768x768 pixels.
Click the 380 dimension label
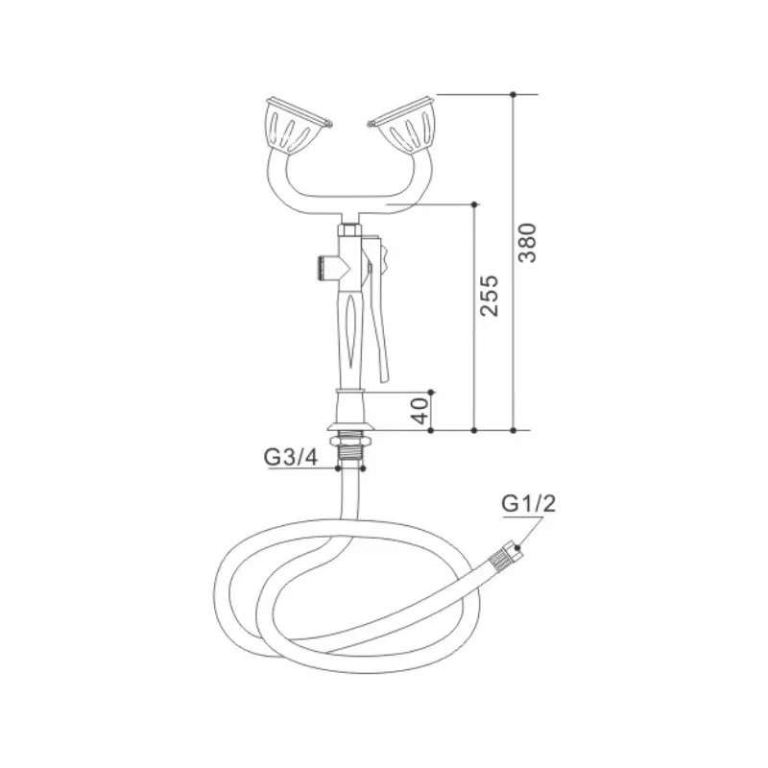pos(527,243)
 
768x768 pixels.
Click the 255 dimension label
pos(489,296)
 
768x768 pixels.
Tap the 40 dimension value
pos(420,411)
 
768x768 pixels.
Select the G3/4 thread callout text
pos(291,458)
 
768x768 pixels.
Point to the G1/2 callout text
pos(529,503)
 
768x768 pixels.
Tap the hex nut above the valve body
pos(348,229)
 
